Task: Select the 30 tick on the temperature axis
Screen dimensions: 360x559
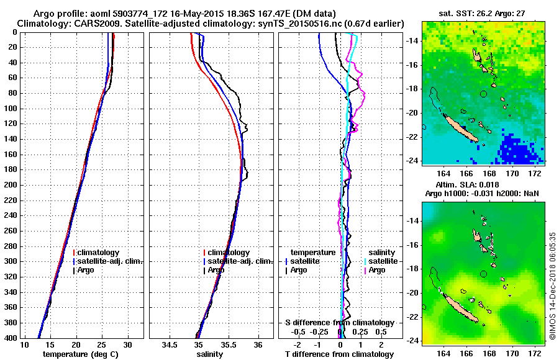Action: coord(128,344)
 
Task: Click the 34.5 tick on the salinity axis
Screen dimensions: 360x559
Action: coord(170,344)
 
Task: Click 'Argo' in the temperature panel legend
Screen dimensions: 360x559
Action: coord(86,270)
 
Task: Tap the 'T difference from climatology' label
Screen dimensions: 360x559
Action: coord(339,354)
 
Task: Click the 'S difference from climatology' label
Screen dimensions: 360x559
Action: coord(339,323)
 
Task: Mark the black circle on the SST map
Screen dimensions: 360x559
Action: coord(483,94)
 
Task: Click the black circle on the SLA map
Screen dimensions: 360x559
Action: coord(483,274)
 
